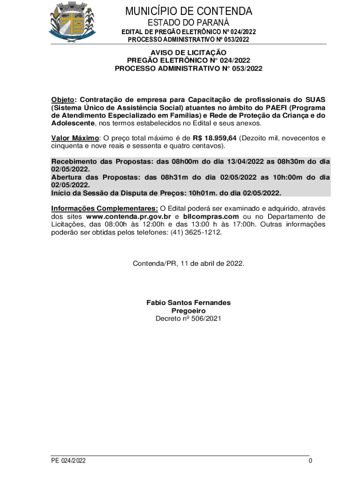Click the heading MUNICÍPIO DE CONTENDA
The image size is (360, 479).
188,11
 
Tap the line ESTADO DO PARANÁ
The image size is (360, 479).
188,23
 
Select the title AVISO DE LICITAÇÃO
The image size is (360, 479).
188,53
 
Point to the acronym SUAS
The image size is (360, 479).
316,100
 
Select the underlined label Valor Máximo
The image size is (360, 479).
75,138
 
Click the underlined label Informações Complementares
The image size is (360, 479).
104,208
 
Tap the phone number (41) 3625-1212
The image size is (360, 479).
195,232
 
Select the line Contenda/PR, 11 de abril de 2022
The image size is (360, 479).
188,263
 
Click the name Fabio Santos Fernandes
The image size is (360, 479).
188,303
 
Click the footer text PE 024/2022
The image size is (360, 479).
69,461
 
